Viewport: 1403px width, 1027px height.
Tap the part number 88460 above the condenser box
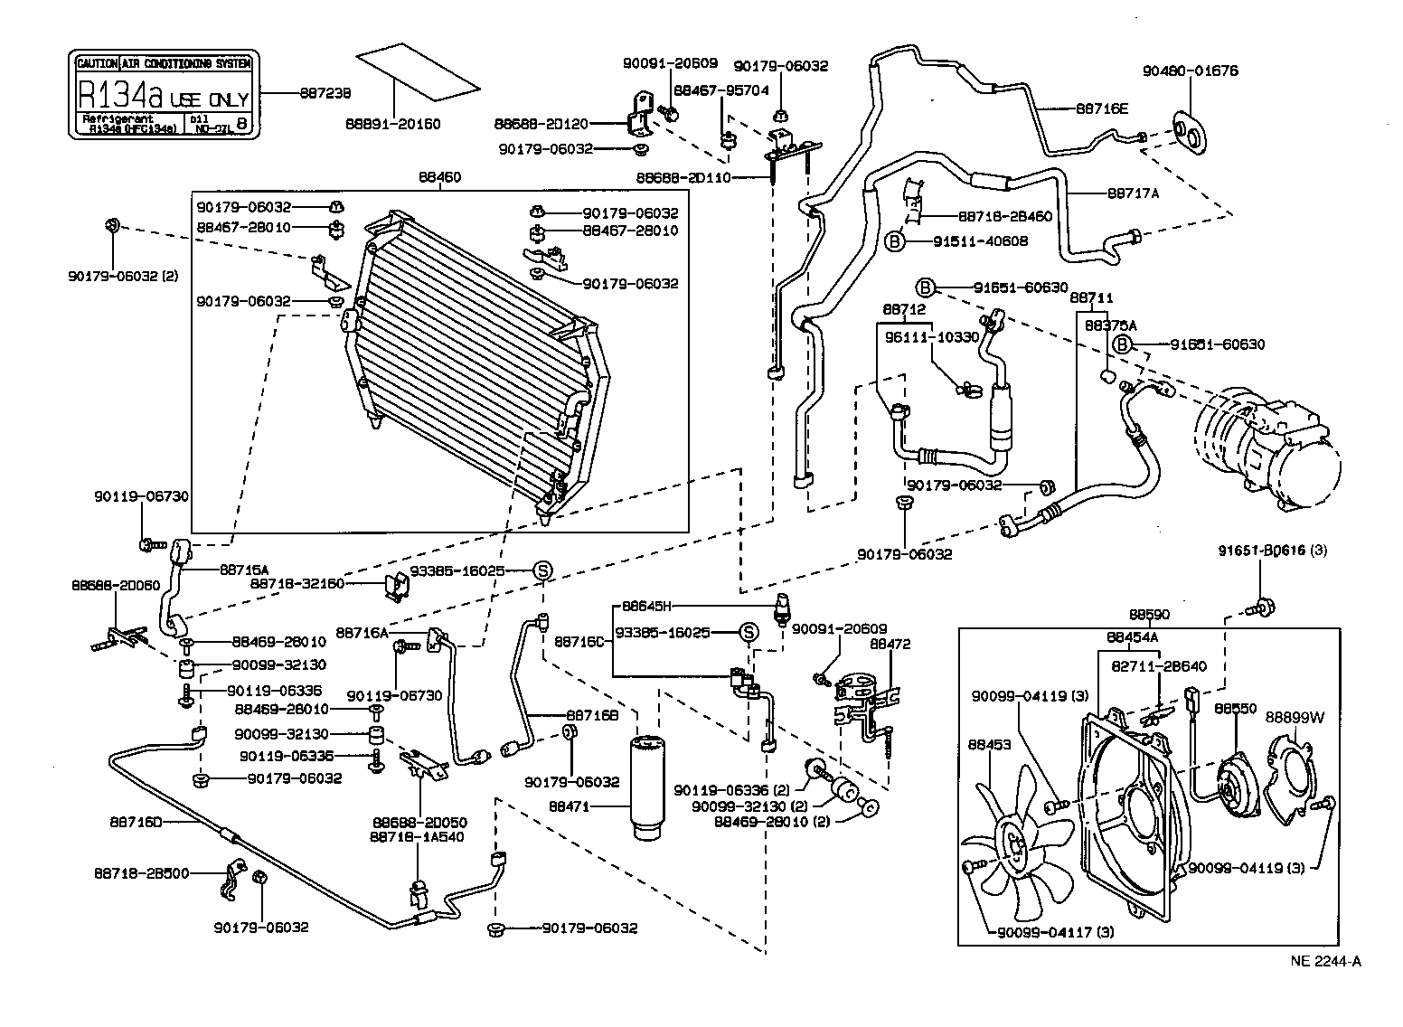click(x=439, y=177)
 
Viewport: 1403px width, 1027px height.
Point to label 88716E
click(x=1102, y=108)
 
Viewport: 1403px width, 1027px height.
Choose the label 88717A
click(x=1132, y=193)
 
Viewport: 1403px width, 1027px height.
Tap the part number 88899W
click(x=1294, y=717)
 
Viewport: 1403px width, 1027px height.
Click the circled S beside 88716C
click(x=749, y=632)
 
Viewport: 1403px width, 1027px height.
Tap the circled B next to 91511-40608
click(x=893, y=241)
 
